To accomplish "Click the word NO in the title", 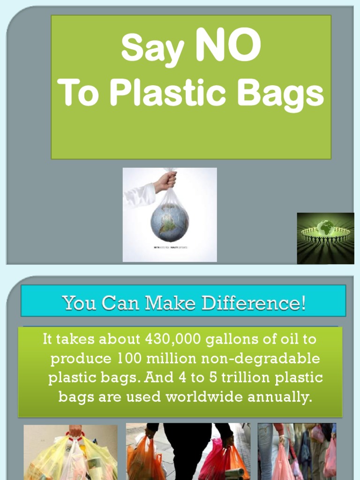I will (228, 46).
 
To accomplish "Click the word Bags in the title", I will (280, 93).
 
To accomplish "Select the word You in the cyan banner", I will (79, 303).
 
